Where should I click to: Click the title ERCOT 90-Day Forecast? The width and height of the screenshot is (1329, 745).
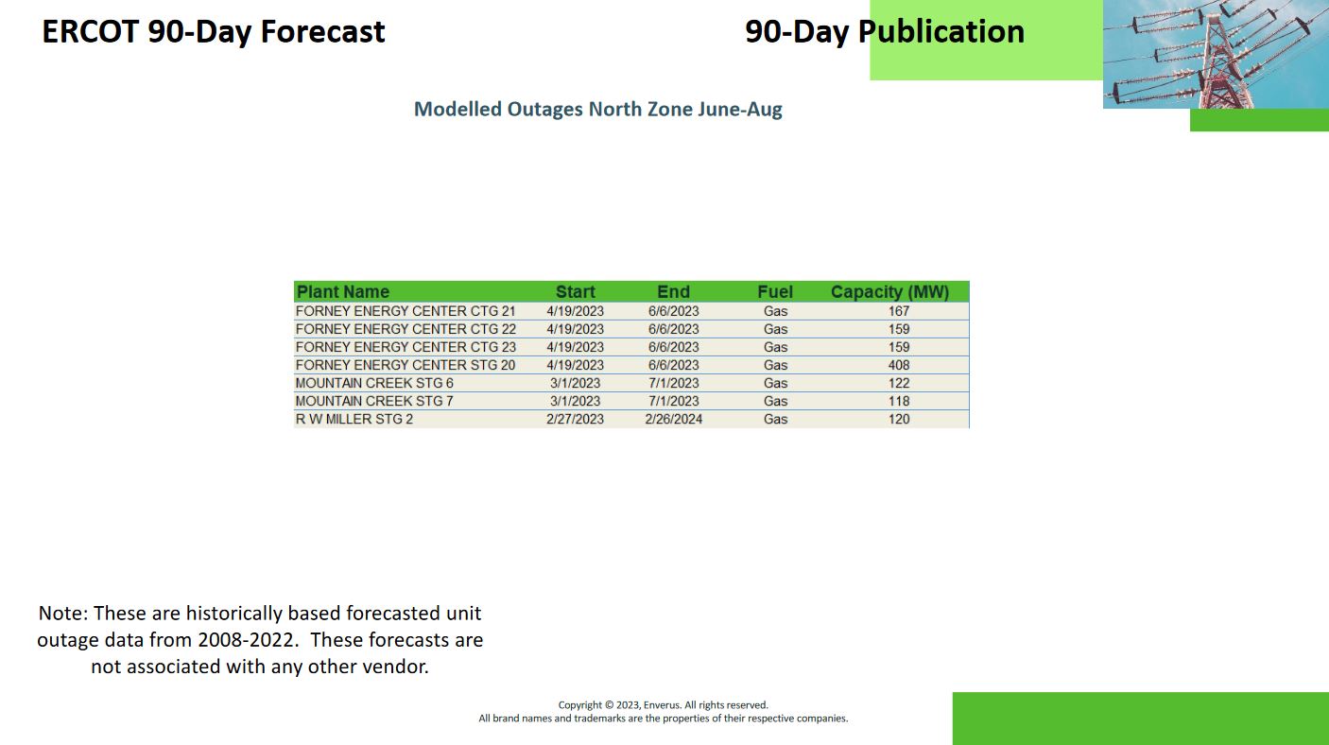[214, 32]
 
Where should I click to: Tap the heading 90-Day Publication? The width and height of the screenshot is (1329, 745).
[885, 32]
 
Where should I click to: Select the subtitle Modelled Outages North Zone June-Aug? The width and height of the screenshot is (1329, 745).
[598, 110]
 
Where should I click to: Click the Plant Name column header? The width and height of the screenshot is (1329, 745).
[343, 292]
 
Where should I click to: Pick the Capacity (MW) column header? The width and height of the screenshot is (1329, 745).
[890, 292]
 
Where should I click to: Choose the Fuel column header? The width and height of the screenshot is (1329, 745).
[775, 292]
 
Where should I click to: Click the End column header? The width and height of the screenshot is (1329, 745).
[673, 292]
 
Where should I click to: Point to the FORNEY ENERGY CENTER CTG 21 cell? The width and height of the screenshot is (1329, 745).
[406, 311]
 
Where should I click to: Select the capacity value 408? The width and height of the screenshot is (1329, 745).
[899, 365]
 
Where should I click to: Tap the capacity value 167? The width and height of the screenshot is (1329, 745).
[899, 311]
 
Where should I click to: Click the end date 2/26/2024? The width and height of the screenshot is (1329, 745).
[673, 419]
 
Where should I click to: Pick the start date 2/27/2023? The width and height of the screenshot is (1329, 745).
[575, 419]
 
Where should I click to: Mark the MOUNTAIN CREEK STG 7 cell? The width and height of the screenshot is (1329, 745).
[374, 401]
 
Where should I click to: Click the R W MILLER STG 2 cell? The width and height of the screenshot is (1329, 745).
[354, 419]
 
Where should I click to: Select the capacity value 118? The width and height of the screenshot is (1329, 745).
[899, 401]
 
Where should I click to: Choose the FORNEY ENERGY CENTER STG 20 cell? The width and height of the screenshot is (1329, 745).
[406, 365]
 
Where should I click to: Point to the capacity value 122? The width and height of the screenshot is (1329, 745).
[899, 383]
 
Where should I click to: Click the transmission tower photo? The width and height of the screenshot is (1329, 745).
[1216, 54]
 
